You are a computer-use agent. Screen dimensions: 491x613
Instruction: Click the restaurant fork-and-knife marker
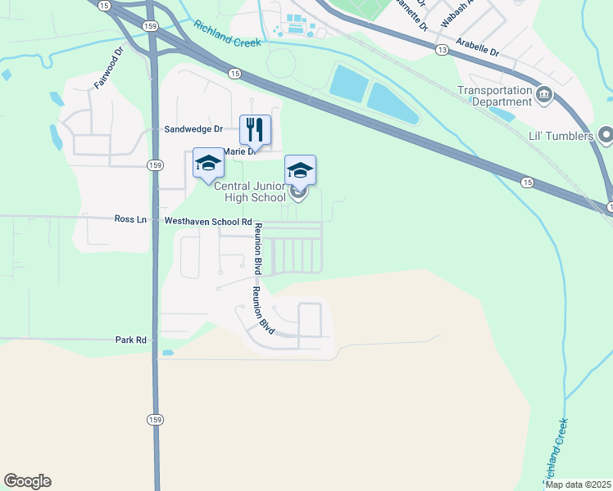[255, 129]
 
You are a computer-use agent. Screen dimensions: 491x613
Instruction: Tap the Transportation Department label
[494, 96]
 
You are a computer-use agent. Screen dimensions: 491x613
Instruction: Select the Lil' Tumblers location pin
[606, 133]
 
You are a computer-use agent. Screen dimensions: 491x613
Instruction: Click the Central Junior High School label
[249, 191]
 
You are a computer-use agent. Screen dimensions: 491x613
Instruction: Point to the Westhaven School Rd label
[208, 221]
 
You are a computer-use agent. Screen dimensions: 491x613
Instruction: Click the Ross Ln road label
[130, 219]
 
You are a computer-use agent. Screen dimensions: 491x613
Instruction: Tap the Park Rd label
[130, 339]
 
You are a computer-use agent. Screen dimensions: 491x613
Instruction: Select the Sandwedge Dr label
[193, 129]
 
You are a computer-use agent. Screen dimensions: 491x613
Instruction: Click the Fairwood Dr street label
[108, 68]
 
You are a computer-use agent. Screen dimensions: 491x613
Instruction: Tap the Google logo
[27, 481]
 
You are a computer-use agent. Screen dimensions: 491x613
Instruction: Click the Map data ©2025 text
[579, 484]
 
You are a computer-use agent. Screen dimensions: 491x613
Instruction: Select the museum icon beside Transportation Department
[543, 97]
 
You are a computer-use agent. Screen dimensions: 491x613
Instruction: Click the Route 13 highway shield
[443, 50]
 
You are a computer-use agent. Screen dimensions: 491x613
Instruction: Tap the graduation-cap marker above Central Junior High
[300, 170]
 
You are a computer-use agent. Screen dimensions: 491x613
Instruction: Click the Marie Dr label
[240, 151]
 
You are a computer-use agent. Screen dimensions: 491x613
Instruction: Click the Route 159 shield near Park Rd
[155, 419]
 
